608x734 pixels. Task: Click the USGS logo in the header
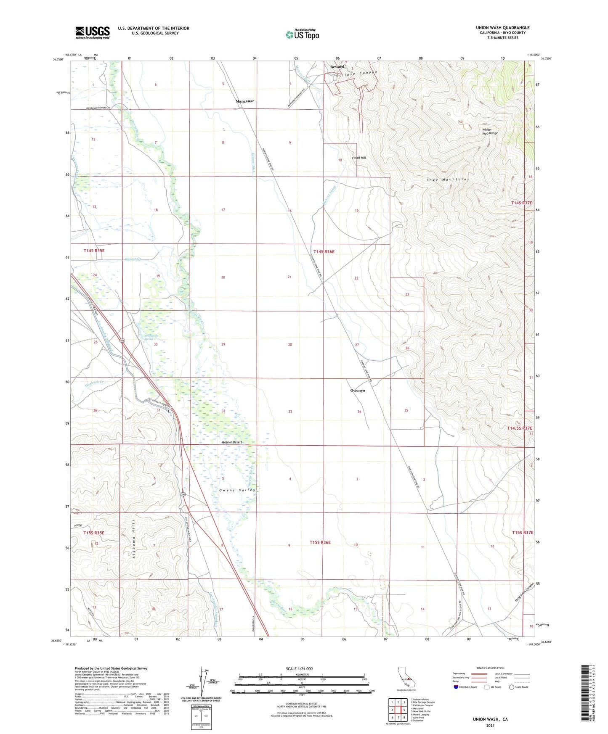coord(93,32)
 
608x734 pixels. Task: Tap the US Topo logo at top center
coord(302,34)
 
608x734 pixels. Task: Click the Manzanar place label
coord(244,101)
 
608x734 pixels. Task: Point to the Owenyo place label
coord(357,391)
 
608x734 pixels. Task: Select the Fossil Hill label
coord(359,158)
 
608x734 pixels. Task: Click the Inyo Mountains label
coord(448,180)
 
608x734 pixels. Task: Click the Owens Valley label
coord(237,490)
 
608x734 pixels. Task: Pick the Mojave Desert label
coord(232,442)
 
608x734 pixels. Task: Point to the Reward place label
coord(337,66)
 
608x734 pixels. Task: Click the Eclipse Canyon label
coord(357,74)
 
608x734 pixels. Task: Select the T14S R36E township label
coord(324,251)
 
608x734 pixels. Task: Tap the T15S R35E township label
coord(94,533)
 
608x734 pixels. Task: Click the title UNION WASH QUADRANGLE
coord(502,28)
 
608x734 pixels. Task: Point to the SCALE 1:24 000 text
coord(299,669)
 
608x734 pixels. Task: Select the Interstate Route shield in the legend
coord(456,687)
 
